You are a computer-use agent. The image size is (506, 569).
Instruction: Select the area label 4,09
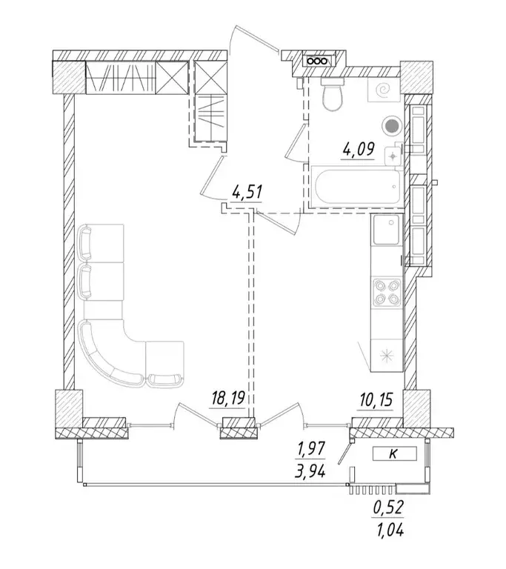358,149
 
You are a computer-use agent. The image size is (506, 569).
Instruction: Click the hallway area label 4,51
247,192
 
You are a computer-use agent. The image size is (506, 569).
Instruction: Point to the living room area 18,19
228,399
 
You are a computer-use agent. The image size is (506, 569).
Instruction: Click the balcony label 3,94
310,471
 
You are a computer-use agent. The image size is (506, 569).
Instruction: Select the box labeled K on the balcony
395,453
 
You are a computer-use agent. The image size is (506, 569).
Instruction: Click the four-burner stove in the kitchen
387,292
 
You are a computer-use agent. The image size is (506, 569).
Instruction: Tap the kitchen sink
387,230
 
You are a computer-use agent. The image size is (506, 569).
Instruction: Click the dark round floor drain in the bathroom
391,126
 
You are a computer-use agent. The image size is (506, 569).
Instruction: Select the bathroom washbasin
393,156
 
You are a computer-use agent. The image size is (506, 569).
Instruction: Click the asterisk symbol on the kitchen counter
387,355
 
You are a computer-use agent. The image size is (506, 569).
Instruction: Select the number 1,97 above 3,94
311,450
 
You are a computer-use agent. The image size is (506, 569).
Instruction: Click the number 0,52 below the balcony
388,508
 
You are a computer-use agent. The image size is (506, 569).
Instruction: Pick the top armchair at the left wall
101,242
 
